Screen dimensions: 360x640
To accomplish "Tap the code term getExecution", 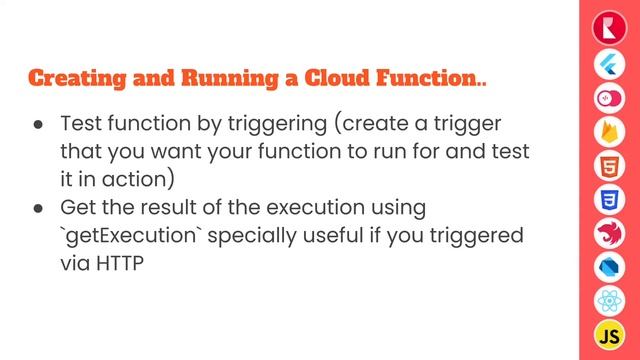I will (125, 237).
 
